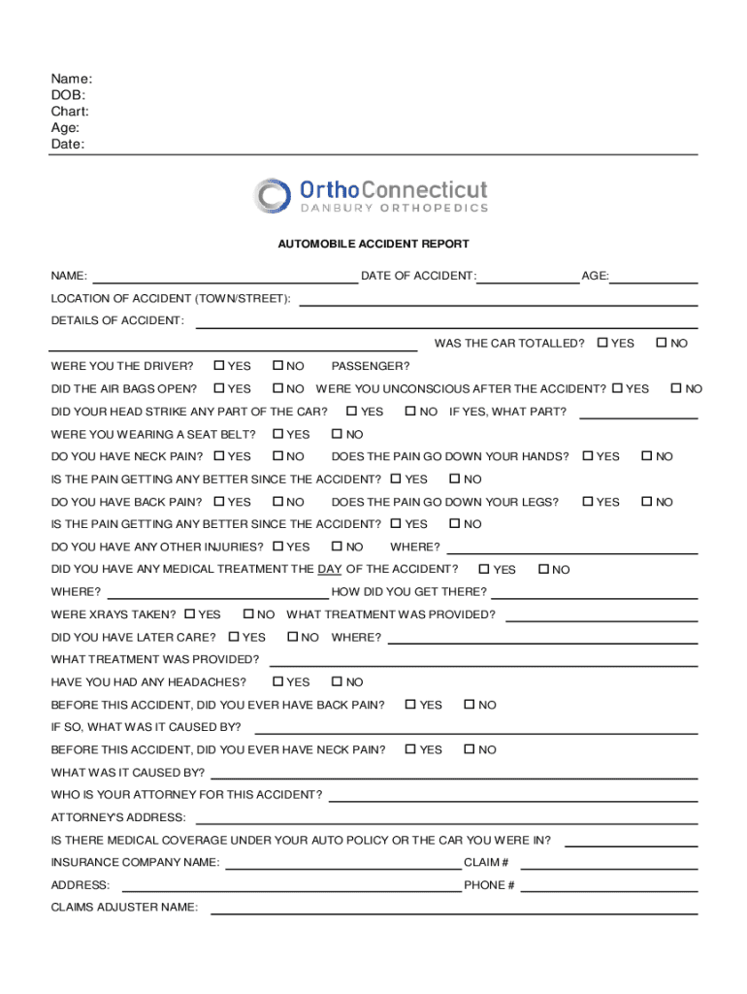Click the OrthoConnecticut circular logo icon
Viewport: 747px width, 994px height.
[x=273, y=195]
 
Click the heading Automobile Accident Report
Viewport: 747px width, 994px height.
[x=373, y=245]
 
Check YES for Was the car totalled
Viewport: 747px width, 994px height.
[x=603, y=343]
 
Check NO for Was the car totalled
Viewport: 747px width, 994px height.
[x=662, y=343]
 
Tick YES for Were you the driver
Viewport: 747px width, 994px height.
[x=219, y=366]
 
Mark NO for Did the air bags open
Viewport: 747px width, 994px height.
[x=277, y=388]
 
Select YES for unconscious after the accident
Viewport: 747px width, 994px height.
[x=618, y=388]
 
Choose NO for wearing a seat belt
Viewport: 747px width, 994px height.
[x=337, y=434]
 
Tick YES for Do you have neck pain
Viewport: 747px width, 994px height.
[x=219, y=456]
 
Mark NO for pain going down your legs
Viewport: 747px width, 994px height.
[x=647, y=502]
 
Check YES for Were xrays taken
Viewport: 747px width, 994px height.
[x=190, y=614]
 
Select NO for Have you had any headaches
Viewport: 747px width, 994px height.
[x=337, y=682]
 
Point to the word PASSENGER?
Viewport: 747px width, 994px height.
[x=371, y=366]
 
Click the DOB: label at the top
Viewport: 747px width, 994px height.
[x=68, y=95]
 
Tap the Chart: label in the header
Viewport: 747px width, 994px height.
[x=70, y=112]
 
